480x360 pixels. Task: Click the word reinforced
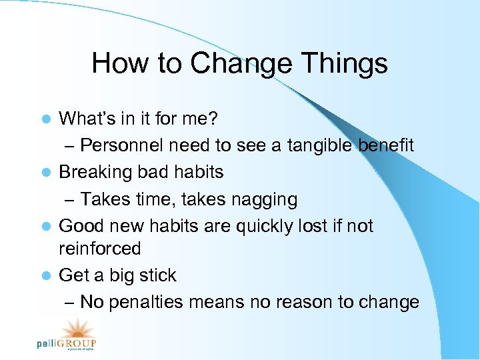[100, 249]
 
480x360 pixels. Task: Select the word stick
[157, 275]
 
